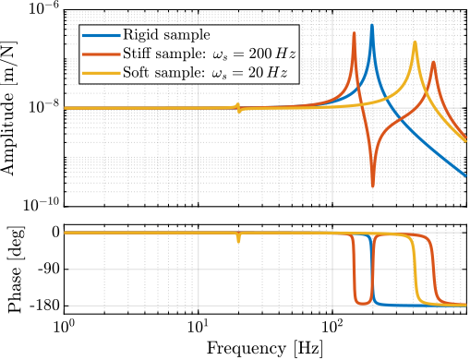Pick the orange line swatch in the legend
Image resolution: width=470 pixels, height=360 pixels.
click(x=101, y=54)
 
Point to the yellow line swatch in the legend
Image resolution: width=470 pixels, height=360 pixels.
click(x=101, y=73)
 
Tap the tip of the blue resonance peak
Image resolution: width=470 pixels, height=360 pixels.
click(x=372, y=25)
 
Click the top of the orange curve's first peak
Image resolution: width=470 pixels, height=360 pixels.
click(x=354, y=33)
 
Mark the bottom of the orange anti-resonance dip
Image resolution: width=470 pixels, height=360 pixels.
click(x=372, y=186)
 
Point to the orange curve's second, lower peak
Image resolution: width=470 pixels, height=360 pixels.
click(x=433, y=61)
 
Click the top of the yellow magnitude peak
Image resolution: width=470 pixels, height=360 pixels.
click(x=415, y=42)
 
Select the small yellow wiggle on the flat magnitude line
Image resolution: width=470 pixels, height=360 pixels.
click(x=238, y=107)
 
